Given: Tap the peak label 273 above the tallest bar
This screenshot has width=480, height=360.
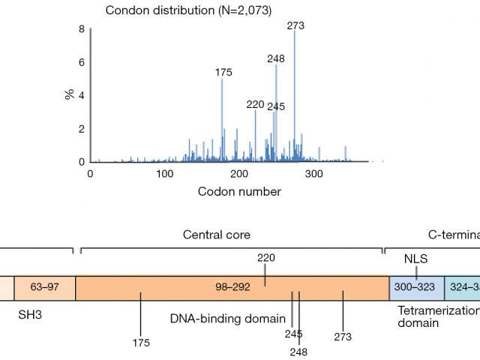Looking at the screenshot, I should (x=295, y=25).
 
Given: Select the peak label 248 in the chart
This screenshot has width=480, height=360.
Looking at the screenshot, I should (x=276, y=58).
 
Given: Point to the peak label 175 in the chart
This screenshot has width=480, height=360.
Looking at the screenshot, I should (x=223, y=72).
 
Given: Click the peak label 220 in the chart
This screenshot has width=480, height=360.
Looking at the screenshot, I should (x=256, y=104).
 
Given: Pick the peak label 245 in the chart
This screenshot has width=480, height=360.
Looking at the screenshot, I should (x=276, y=106).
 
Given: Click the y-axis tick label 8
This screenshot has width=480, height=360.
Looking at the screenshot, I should (x=81, y=29).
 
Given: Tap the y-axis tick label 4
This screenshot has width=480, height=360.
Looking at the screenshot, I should (x=81, y=95).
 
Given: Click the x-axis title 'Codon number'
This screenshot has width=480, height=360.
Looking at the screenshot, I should (x=239, y=191).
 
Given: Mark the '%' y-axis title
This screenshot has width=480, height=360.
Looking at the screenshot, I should (x=68, y=95).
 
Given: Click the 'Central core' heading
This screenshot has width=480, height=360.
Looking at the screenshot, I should (x=217, y=234).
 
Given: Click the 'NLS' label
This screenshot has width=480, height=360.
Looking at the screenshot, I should (x=415, y=258).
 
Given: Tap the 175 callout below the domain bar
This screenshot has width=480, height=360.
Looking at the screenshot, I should (x=140, y=343).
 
